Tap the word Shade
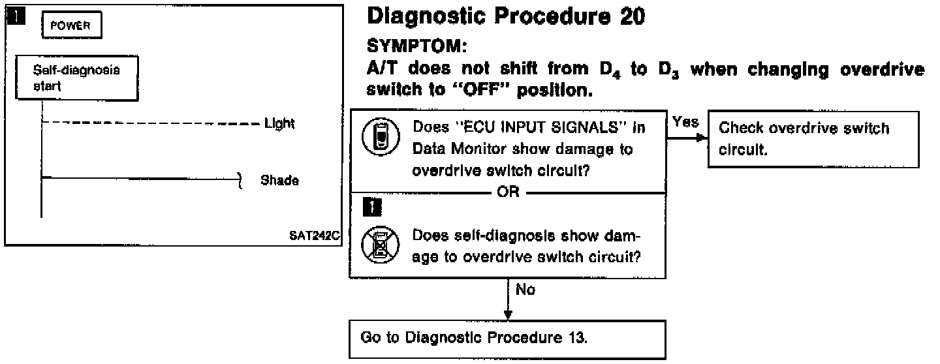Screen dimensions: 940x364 point(280,180)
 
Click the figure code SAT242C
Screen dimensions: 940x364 point(315,235)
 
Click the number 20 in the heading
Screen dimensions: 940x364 point(629,17)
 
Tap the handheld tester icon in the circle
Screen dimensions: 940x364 point(377,139)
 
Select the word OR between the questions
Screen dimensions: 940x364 point(509,194)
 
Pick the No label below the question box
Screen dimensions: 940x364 point(526,290)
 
